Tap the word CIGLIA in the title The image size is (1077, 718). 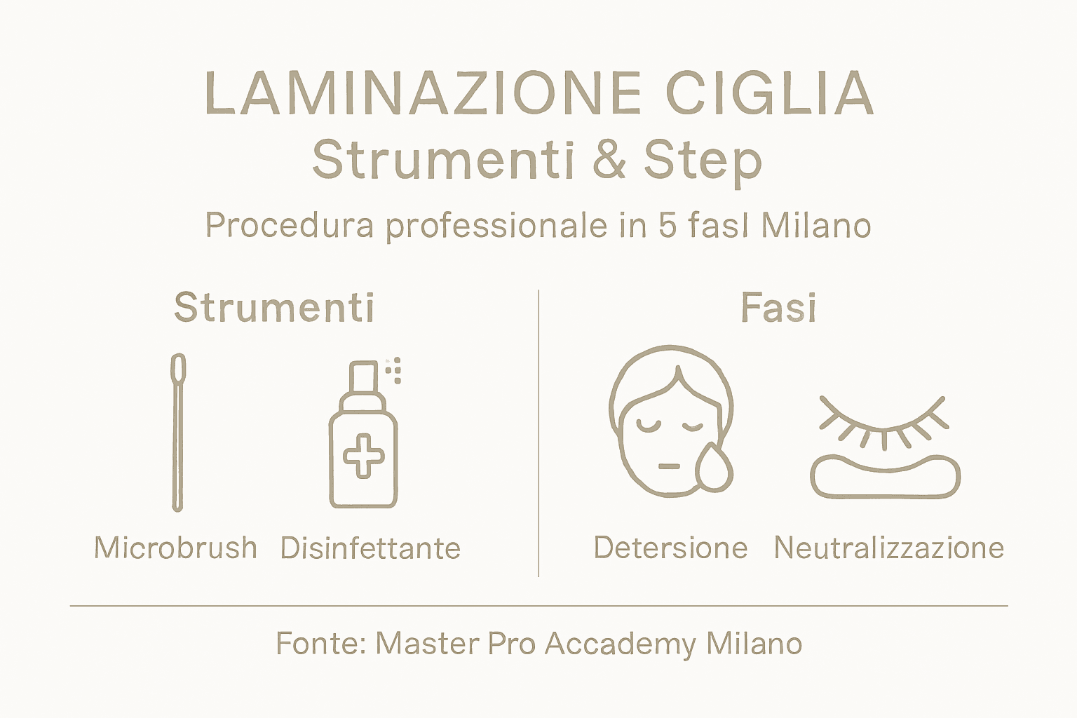769,93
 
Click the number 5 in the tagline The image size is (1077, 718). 667,226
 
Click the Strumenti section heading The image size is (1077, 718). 274,307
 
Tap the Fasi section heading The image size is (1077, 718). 778,307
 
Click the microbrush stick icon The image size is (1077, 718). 178,431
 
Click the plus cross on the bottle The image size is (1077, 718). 363,456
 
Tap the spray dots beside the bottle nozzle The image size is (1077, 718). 394,370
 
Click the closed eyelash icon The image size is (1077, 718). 883,421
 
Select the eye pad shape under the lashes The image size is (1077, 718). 885,477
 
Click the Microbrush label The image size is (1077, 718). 175,548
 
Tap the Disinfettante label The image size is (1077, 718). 370,548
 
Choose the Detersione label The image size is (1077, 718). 670,548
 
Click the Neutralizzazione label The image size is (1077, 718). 888,548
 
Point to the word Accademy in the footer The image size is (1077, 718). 620,644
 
